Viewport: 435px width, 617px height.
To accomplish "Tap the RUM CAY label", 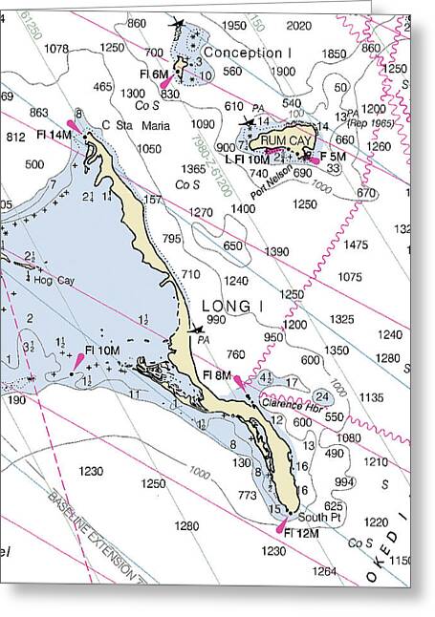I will click(x=286, y=139).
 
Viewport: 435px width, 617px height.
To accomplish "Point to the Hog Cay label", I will click(x=54, y=280).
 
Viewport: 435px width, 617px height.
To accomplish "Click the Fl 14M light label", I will click(x=54, y=135).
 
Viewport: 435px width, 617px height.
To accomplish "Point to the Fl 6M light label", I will click(x=152, y=74).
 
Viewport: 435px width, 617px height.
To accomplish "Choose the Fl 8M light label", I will click(x=217, y=375).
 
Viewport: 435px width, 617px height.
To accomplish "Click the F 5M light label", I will click(x=333, y=156).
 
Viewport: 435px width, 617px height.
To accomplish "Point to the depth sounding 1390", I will click(x=276, y=251).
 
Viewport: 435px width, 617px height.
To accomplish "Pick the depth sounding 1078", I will click(x=56, y=49).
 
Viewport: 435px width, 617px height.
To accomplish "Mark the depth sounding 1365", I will click(x=193, y=169).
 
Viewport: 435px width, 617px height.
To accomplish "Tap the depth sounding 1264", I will click(x=325, y=572).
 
